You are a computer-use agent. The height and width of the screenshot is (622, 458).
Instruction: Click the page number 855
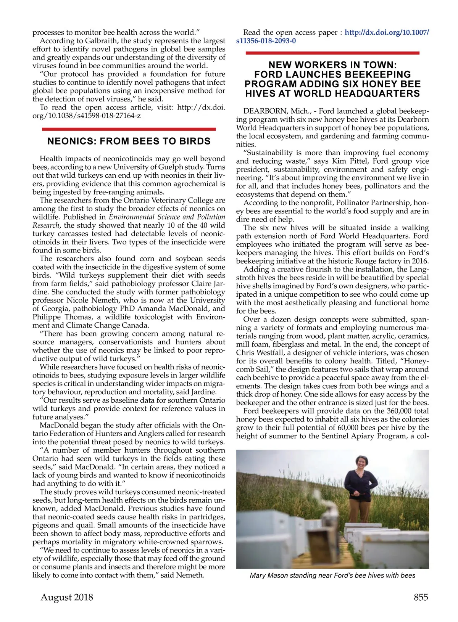421,597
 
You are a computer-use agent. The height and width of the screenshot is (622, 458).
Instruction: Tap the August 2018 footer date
67,597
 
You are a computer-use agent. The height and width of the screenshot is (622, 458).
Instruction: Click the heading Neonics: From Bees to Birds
129,141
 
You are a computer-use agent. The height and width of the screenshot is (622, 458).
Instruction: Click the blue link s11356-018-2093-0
266,41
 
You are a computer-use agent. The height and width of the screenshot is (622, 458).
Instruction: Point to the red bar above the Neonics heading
129,129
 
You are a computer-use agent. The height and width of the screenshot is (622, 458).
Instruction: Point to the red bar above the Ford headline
332,53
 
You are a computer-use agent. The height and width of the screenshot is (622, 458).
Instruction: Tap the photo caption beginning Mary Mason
332,575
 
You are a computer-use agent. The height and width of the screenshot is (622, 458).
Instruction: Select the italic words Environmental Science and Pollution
167,217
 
